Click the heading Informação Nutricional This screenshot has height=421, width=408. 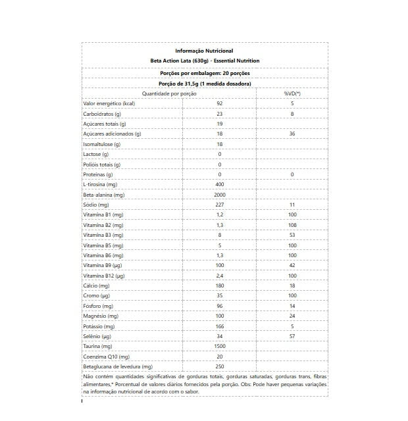(204, 51)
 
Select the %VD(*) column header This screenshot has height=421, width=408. (292, 93)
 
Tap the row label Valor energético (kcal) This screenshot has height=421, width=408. (109, 103)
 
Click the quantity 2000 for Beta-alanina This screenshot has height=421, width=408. (220, 195)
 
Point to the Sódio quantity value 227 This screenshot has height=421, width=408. (220, 205)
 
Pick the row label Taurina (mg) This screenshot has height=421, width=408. (98, 346)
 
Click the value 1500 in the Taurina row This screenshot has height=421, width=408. (220, 346)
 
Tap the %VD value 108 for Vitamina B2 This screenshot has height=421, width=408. (292, 225)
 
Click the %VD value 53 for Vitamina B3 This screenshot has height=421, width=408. (292, 235)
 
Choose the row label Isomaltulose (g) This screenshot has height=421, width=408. (101, 144)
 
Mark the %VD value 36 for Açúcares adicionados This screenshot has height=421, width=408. (292, 134)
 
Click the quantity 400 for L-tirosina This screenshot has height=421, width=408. (220, 184)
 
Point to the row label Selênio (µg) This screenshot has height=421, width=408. (98, 336)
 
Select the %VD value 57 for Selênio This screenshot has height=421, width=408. (292, 336)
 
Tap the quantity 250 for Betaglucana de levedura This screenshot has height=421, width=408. (220, 366)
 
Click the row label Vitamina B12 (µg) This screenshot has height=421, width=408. (104, 276)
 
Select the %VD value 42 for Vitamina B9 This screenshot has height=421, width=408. (292, 265)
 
